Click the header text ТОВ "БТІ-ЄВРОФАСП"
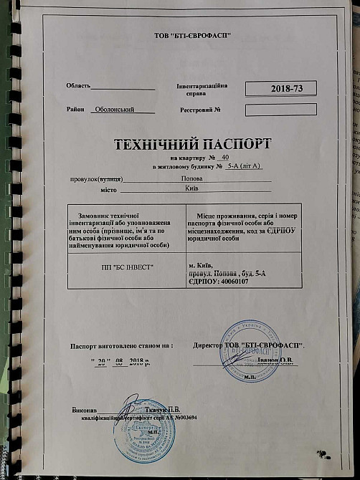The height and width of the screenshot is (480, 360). pos(193,36)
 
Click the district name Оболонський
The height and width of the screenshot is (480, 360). pos(124,110)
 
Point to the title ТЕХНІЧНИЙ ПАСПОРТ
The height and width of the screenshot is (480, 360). pos(194,143)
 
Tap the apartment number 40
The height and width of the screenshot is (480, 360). pos(224,156)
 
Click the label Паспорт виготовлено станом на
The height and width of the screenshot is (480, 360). pos(121,345)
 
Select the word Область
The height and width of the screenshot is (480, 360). pos(78,85)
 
